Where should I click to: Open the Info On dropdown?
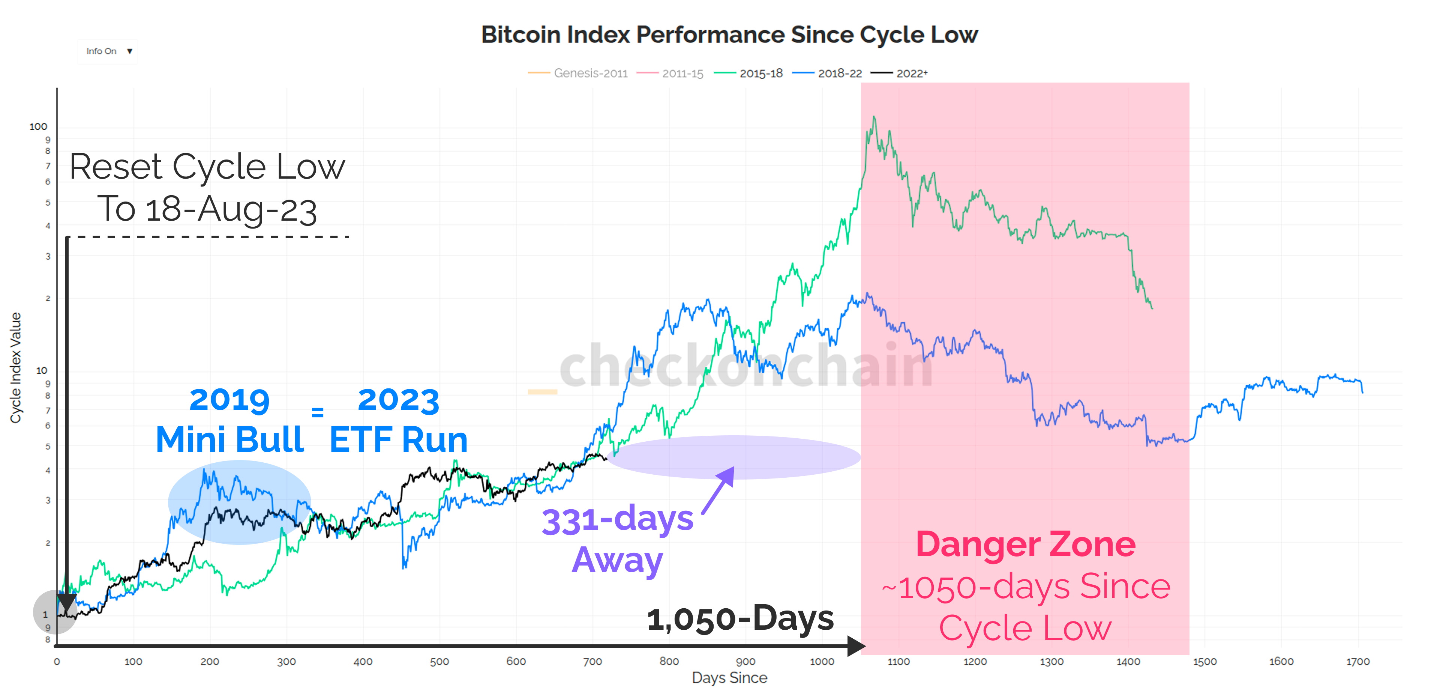pos(108,51)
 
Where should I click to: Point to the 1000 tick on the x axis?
pos(822,662)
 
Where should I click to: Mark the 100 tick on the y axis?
pos(39,127)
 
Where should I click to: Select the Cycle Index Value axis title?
pos(16,367)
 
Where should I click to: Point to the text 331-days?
pos(618,519)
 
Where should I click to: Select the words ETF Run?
pos(398,440)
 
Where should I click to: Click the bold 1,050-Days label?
pos(740,619)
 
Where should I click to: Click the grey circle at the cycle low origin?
pos(55,612)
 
